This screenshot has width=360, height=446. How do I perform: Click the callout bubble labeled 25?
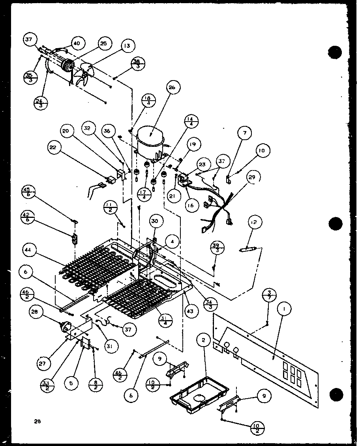pyautogui.click(x=103, y=44)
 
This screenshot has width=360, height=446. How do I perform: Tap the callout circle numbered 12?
pyautogui.click(x=253, y=223)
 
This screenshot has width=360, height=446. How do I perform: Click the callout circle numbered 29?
pyautogui.click(x=251, y=178)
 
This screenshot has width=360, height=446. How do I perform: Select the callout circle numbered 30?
pyautogui.click(x=154, y=222)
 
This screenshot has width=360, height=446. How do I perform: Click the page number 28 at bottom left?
pyautogui.click(x=37, y=421)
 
